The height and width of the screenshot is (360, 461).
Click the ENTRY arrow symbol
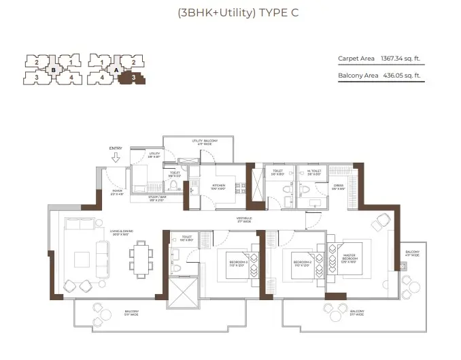(116, 158)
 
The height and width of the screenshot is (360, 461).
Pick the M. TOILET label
(313, 172)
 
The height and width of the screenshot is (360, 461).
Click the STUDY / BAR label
(157, 198)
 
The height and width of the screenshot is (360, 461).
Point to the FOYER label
(116, 193)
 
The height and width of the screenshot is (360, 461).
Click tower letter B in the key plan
(53, 69)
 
